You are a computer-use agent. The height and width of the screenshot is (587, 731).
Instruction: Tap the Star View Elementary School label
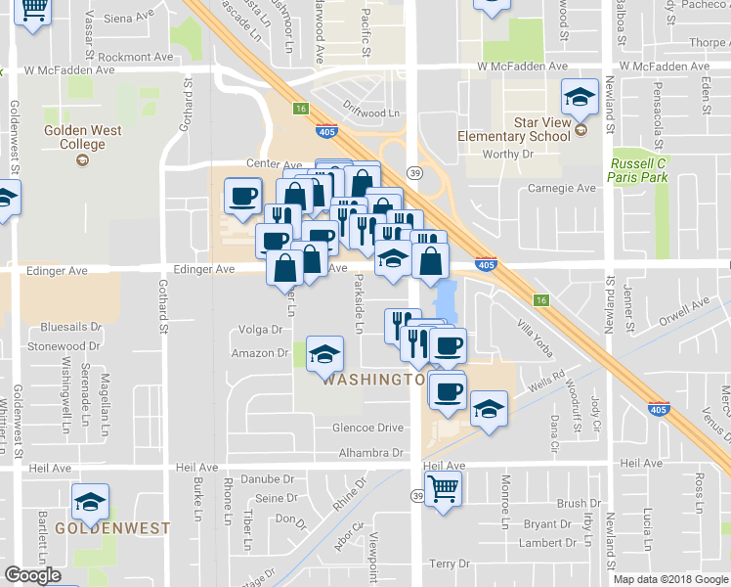tap(514, 130)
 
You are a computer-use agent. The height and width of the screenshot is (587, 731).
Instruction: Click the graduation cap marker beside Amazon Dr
tap(324, 354)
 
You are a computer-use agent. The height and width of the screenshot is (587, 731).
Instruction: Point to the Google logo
tap(32, 575)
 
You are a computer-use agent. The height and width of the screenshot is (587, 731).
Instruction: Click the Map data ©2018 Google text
tap(670, 579)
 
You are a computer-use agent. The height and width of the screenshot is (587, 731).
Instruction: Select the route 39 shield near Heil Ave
tap(416, 496)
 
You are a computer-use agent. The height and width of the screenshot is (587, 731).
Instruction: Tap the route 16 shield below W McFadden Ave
tap(301, 109)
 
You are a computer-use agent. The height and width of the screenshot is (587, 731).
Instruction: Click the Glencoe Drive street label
tap(367, 428)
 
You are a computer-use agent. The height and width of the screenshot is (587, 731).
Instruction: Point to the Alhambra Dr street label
tap(370, 452)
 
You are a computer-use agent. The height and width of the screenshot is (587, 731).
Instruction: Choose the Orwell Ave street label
tap(681, 312)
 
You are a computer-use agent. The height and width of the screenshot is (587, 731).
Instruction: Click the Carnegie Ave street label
tap(561, 188)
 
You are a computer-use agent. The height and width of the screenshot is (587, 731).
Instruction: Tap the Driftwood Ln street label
tap(372, 113)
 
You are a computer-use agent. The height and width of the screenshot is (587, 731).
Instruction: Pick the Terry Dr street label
tap(450, 564)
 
